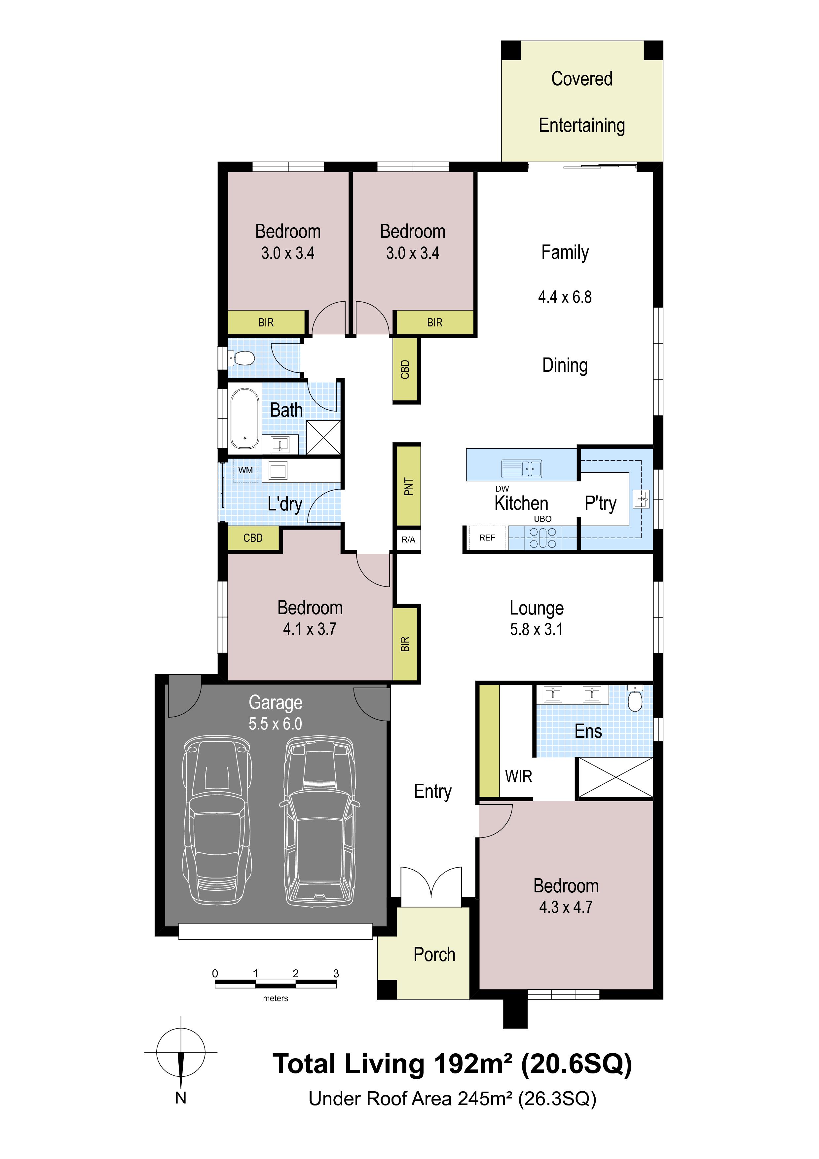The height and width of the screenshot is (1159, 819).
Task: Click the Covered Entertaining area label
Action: coord(582,102)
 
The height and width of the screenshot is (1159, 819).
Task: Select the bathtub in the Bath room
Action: coord(245,419)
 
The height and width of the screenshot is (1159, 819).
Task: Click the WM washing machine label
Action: coord(246,470)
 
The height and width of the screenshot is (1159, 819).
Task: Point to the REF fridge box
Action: coord(487,538)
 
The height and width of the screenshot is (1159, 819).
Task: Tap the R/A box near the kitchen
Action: coord(408,540)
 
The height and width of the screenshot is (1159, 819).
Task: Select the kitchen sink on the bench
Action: coord(522,468)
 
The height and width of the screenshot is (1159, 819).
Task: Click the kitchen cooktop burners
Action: coord(542,538)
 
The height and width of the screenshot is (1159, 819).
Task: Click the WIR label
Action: coord(519,776)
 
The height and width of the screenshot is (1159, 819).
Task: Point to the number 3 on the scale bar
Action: coord(336,973)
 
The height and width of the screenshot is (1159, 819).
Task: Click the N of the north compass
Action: coord(181,1098)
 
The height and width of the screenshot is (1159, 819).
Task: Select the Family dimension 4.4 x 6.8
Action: coord(565,297)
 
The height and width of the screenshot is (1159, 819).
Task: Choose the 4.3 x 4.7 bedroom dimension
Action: coord(566,907)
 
